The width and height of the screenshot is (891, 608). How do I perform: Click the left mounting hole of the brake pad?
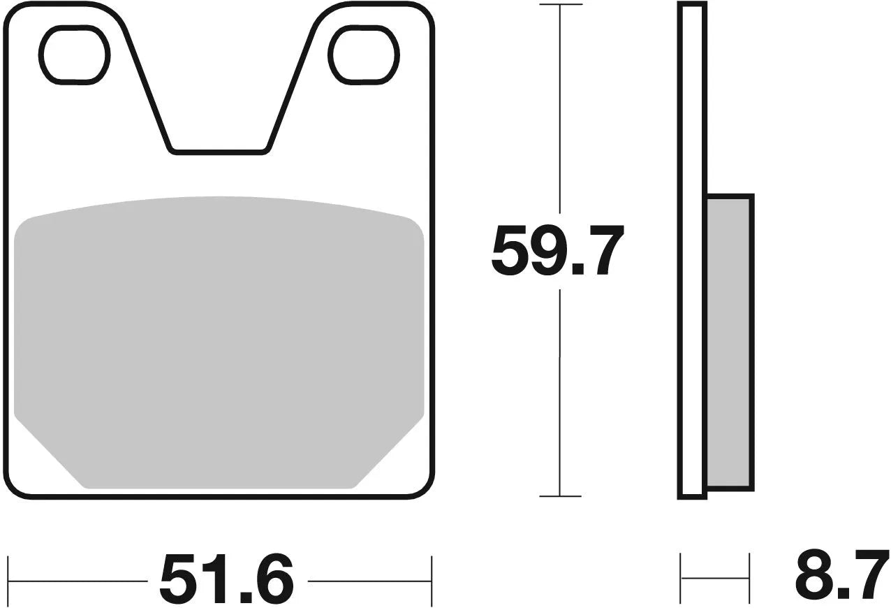[75, 55]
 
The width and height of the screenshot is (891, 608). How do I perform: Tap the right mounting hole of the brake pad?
[363, 55]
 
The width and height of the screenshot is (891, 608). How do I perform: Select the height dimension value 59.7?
[557, 251]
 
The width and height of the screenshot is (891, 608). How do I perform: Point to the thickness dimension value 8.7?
[841, 574]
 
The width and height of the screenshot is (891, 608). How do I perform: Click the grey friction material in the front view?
[219, 335]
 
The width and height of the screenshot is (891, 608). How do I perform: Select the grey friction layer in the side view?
[729, 342]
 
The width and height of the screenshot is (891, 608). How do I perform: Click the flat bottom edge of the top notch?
[219, 150]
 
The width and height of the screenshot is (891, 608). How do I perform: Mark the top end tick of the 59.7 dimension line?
[560, 6]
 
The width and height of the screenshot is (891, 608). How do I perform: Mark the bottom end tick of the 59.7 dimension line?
[560, 496]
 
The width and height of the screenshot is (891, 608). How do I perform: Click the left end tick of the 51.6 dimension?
[8, 580]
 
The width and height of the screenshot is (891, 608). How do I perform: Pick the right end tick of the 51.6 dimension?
[432, 580]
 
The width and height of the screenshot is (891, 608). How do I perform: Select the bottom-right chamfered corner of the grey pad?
[390, 453]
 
